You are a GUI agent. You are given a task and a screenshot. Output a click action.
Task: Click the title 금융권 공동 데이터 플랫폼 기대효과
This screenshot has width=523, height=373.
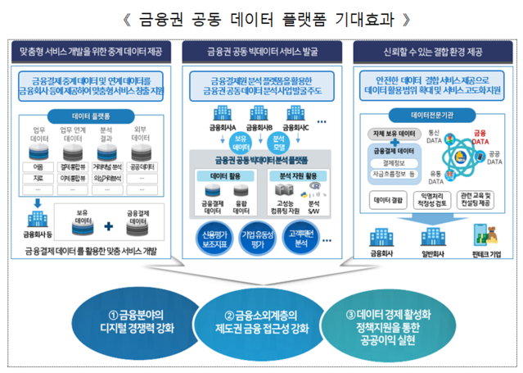[x=261, y=16]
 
